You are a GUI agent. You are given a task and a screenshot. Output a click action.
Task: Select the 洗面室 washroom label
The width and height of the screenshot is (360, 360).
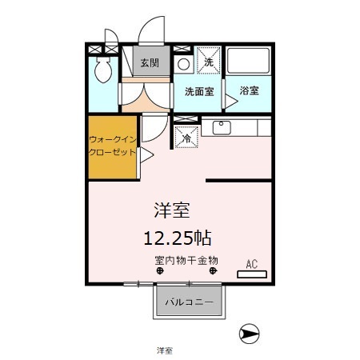[x=198, y=91]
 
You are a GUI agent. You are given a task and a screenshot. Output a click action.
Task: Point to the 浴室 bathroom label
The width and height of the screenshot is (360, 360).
[x=249, y=91]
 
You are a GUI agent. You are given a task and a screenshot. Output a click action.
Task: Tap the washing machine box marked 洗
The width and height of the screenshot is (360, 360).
[x=208, y=62]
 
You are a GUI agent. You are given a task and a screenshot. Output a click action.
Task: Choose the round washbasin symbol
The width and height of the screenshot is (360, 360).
[x=183, y=63]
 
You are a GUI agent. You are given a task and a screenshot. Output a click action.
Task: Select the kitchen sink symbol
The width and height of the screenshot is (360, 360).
[x=222, y=127]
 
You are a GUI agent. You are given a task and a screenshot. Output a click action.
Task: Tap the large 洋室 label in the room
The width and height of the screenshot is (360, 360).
[x=172, y=211]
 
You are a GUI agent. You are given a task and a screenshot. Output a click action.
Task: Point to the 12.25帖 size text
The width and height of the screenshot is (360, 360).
[x=178, y=237]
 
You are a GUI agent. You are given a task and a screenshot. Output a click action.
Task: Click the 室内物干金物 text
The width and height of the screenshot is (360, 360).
[x=186, y=261]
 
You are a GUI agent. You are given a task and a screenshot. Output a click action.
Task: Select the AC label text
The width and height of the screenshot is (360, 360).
[x=251, y=263]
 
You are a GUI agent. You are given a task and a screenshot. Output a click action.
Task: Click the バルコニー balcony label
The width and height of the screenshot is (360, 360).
[x=189, y=303]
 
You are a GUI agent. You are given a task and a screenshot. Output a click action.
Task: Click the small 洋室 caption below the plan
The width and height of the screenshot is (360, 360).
[x=165, y=350]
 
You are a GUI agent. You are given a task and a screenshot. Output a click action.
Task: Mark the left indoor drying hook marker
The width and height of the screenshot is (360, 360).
[x=159, y=271]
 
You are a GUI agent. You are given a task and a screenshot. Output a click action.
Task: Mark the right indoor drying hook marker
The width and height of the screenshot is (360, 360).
[x=213, y=271]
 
